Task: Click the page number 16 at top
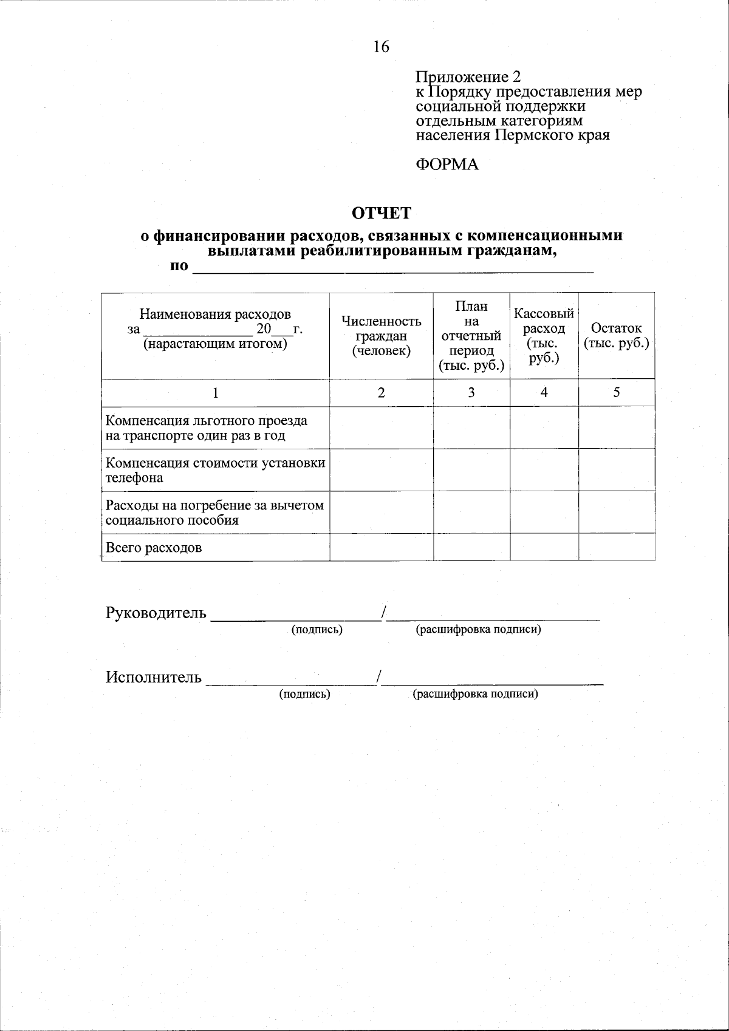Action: click(381, 47)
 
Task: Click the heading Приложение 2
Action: click(468, 77)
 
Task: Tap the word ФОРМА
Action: click(447, 165)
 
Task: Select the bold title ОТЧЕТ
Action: click(382, 213)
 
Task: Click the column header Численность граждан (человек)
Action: click(381, 336)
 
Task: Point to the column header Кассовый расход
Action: click(544, 336)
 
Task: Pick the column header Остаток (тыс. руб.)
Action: click(616, 336)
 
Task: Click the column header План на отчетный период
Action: click(471, 336)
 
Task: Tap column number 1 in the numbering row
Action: click(215, 393)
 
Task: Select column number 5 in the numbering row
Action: click(616, 393)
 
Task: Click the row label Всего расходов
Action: click(154, 548)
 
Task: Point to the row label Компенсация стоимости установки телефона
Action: click(215, 470)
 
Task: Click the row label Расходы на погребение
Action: click(215, 512)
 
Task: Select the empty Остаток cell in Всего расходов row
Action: click(616, 547)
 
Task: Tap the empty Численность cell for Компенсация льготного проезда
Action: click(381, 427)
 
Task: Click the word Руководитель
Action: click(156, 613)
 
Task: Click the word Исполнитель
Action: click(154, 677)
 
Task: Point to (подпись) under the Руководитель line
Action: click(317, 630)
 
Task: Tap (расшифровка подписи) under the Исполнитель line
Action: click(475, 694)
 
